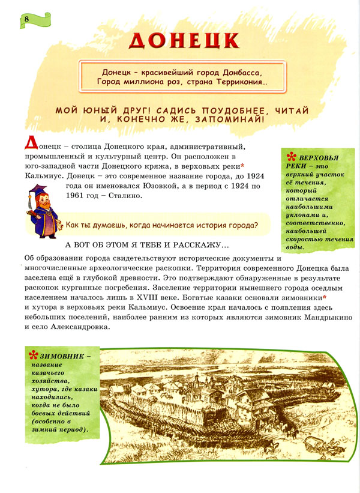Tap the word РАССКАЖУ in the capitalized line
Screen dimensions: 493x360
(x=197, y=245)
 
